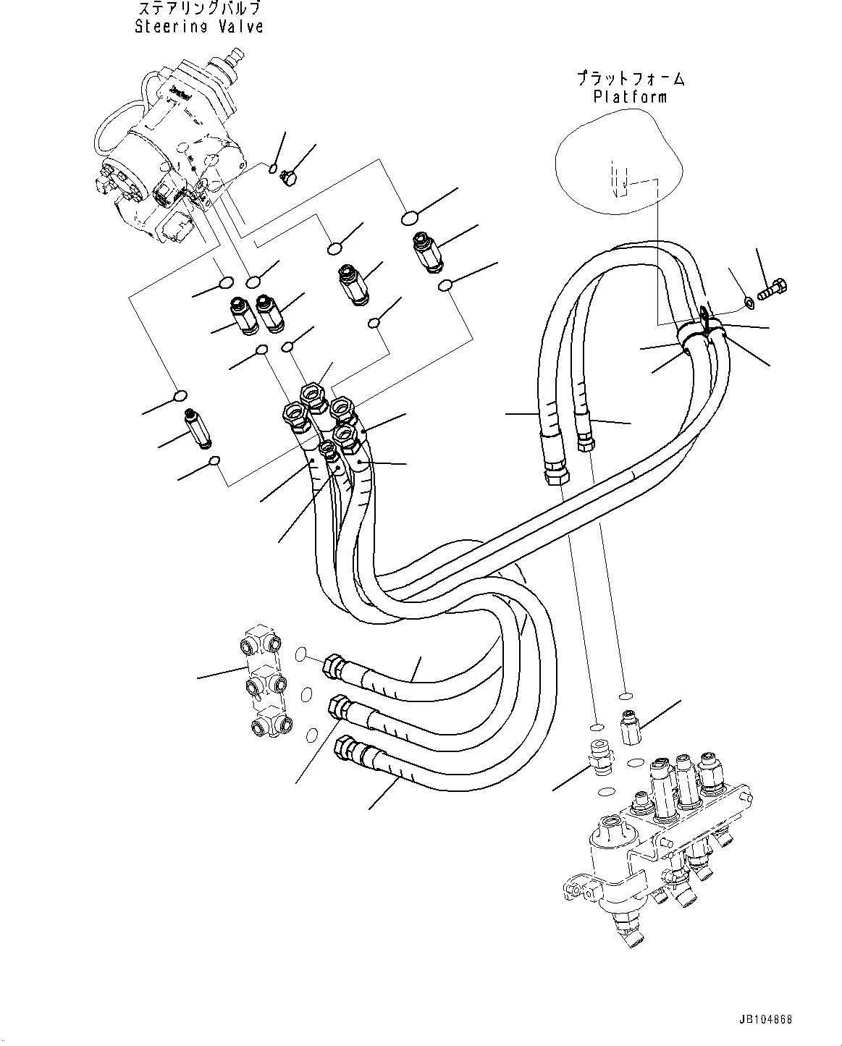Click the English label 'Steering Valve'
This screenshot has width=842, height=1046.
pos(198,27)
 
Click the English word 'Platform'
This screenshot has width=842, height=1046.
pos(630,96)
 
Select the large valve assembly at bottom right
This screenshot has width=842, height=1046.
pos(666,847)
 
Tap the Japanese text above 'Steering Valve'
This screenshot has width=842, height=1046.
pos(198,9)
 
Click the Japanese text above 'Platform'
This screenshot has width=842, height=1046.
pos(630,78)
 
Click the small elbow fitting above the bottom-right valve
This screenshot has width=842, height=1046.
pos(628,727)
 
